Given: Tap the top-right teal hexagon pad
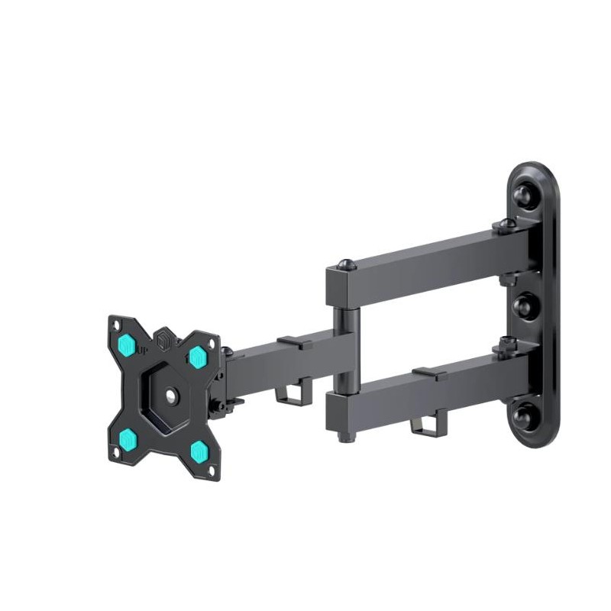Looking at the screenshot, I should pos(197,356).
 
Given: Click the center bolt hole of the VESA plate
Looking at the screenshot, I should pos(167,396).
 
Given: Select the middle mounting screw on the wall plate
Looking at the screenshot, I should pos(524,305).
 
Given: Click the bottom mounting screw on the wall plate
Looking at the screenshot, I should pos(524,417).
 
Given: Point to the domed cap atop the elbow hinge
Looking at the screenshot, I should pos(344,263).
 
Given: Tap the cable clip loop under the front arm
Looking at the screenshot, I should pos(287,395).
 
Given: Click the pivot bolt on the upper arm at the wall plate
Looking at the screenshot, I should pos(505,225).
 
